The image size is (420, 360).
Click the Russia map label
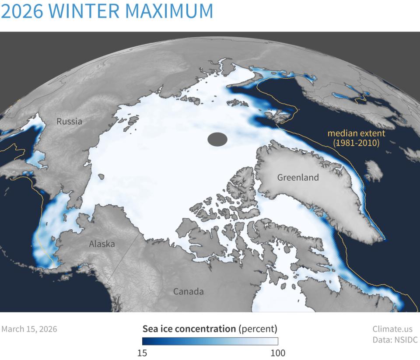click(x=69, y=122)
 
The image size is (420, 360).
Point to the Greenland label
click(x=298, y=178)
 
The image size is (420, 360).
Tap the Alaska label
click(x=101, y=244)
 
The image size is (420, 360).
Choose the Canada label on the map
click(x=188, y=291)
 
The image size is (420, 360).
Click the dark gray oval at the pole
click(x=217, y=140)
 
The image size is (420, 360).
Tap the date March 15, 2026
click(x=29, y=329)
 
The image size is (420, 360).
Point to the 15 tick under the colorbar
click(x=142, y=353)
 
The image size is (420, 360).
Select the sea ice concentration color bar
click(x=210, y=341)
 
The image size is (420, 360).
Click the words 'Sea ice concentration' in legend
click(x=189, y=329)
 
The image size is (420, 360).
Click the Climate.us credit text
click(x=392, y=329)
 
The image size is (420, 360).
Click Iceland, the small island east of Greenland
click(x=373, y=171)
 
